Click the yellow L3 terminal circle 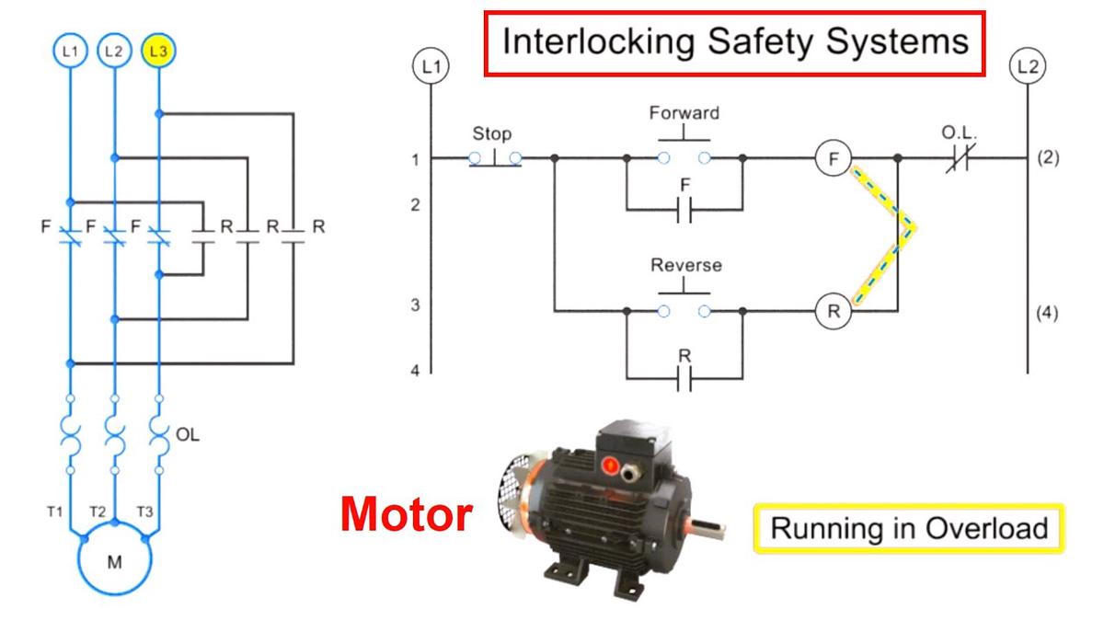pos(158,51)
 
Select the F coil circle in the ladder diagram pos(833,158)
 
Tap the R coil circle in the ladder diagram pos(833,311)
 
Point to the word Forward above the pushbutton pos(684,113)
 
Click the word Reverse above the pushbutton pos(686,265)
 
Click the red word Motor pos(407,514)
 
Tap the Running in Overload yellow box pos(909,528)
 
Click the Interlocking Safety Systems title pos(734,43)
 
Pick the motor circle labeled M pos(114,558)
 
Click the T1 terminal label pos(54,512)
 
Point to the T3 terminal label pos(144,512)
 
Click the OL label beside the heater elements pos(188,434)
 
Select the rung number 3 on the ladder pos(416,305)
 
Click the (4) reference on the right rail pos(1047,313)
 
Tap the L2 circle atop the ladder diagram pos(1028,66)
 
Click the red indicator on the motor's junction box pos(610,465)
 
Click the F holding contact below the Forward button pos(684,210)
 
